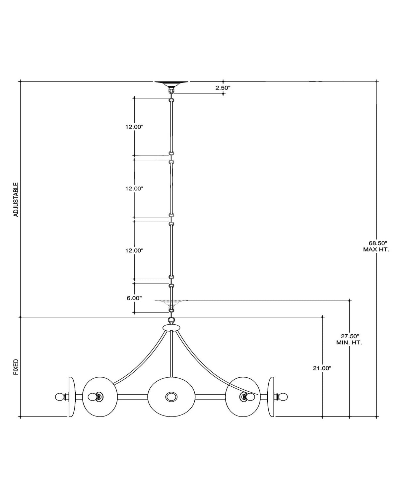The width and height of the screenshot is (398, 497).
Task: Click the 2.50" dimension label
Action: click(223, 88)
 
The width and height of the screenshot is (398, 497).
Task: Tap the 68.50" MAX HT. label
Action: click(376, 247)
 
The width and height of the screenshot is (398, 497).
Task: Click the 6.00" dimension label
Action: click(134, 298)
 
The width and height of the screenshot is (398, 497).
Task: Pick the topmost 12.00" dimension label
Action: click(134, 127)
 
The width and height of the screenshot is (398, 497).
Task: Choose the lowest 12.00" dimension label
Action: click(134, 250)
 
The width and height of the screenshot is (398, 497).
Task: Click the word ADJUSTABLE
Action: click(16, 200)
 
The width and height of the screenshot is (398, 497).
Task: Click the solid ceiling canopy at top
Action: click(171, 83)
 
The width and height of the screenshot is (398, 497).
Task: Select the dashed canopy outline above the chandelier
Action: click(171, 302)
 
